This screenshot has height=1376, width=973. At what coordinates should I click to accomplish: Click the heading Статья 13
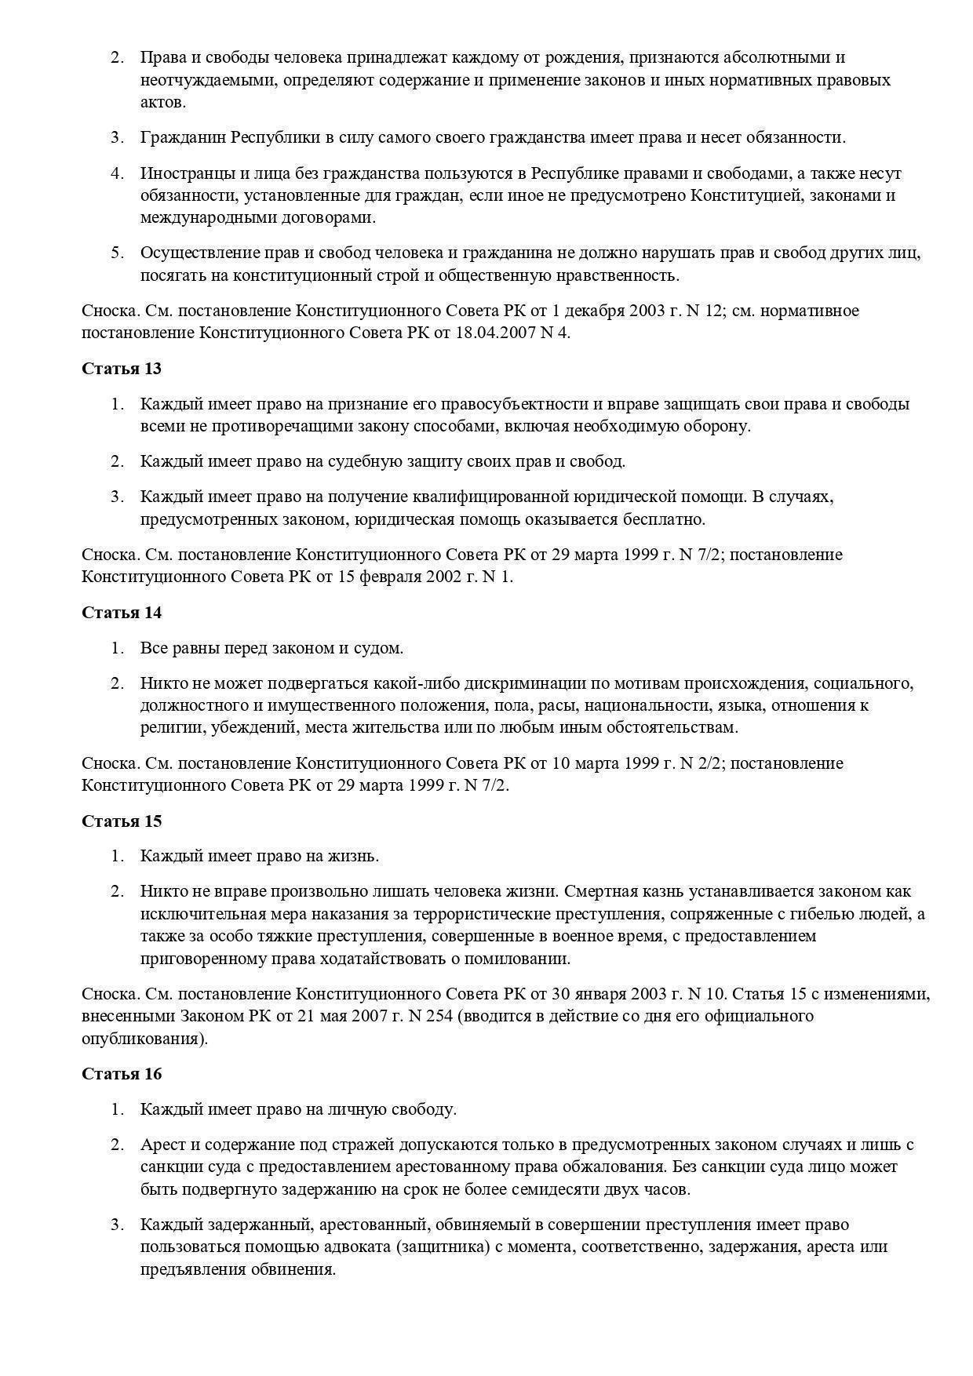tap(122, 369)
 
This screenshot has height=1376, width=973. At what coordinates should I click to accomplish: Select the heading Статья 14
tap(122, 613)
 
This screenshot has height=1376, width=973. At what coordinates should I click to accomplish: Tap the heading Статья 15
tap(122, 821)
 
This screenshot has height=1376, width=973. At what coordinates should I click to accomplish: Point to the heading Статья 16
tap(122, 1074)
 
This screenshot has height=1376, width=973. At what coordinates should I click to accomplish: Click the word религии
tap(173, 727)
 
